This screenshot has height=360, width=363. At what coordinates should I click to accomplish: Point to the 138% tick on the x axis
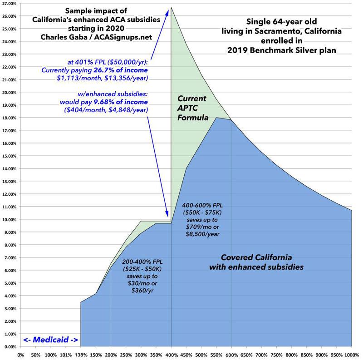pyautogui.click(x=81, y=355)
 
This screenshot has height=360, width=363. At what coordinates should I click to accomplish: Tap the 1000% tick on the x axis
pyautogui.click(x=351, y=355)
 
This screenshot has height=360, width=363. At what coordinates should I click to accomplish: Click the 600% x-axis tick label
pyautogui.click(x=231, y=355)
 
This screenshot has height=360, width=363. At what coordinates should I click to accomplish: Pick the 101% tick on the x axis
pyautogui.click(x=66, y=355)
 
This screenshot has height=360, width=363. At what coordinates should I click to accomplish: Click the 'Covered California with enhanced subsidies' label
pyautogui.click(x=256, y=261)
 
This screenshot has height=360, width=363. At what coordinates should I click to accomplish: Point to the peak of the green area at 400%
pyautogui.click(x=171, y=8)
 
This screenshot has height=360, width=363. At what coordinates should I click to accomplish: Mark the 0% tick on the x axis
pyautogui.click(x=20, y=355)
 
